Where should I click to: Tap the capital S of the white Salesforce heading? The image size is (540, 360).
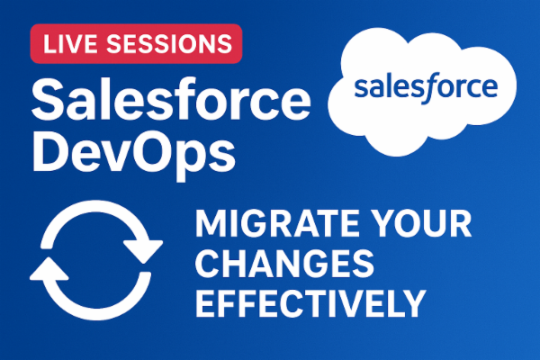point(47,95)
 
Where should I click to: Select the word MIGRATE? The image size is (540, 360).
point(274,225)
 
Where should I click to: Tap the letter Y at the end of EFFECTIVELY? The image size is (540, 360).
point(412,305)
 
